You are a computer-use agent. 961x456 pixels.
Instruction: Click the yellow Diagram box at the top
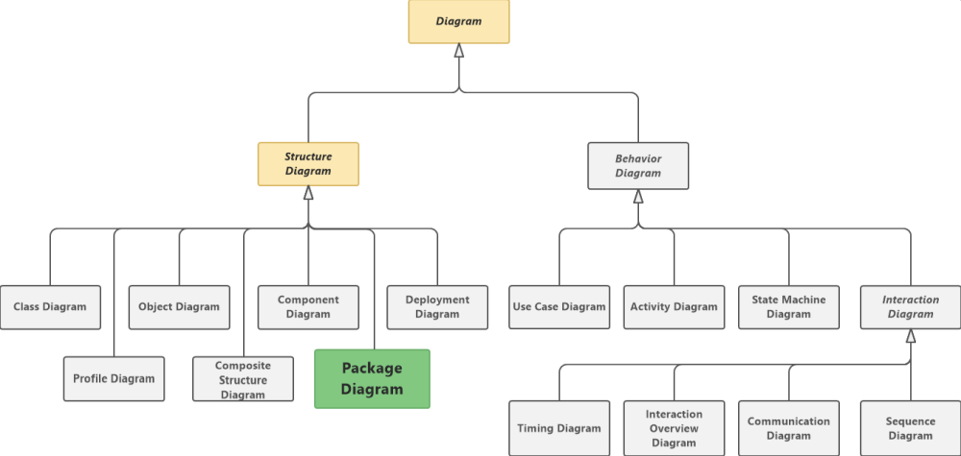(458, 21)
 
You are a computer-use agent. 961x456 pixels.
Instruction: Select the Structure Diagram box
(308, 164)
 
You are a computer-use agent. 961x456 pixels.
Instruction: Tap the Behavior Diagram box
(638, 166)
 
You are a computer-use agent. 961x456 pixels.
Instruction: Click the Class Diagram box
(50, 307)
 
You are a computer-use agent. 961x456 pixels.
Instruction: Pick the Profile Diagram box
(113, 378)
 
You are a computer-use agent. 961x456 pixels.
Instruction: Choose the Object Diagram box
(179, 307)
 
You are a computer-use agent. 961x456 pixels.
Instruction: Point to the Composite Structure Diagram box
(243, 379)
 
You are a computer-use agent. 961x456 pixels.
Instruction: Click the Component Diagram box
(308, 307)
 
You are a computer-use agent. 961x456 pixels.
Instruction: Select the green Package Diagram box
(372, 378)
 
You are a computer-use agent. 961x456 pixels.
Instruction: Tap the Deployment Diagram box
(437, 307)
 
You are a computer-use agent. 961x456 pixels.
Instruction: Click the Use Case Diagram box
(559, 307)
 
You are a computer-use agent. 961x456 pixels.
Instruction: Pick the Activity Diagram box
(674, 307)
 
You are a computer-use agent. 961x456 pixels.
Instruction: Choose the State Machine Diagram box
(789, 307)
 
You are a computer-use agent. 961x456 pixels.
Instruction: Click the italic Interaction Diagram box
(910, 307)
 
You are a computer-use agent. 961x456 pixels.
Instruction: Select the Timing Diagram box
(559, 428)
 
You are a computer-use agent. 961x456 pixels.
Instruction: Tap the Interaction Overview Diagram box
(674, 428)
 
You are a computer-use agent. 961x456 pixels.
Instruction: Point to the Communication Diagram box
(789, 428)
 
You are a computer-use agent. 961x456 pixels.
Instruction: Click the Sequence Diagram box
(910, 428)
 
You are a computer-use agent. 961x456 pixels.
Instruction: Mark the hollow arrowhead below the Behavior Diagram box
(638, 196)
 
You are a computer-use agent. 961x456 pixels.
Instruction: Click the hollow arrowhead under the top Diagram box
(459, 51)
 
